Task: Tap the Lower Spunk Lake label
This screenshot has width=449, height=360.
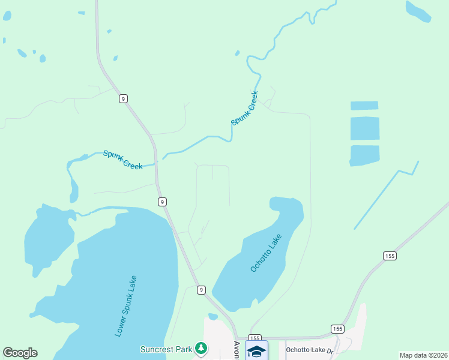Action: [125, 305]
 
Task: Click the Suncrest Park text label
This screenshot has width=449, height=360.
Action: [166, 349]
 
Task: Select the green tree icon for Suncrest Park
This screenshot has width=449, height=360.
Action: [202, 348]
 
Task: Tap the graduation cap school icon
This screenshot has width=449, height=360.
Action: [256, 352]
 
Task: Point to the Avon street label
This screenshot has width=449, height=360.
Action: [236, 350]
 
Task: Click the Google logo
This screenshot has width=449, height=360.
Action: [20, 353]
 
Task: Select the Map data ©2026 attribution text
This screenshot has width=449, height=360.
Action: [423, 355]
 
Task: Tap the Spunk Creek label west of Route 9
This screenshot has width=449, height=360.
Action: [122, 160]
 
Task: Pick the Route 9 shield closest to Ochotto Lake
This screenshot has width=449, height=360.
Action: [201, 290]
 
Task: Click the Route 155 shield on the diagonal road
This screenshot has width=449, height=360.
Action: [390, 256]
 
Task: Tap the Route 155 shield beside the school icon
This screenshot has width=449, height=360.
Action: [255, 338]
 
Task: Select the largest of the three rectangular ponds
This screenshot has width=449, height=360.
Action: [365, 128]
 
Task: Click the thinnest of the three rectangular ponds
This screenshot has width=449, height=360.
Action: [364, 106]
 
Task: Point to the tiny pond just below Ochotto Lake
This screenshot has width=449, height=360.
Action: [212, 316]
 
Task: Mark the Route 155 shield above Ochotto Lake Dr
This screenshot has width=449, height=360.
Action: [337, 329]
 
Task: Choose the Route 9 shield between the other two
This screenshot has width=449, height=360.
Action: [163, 202]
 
